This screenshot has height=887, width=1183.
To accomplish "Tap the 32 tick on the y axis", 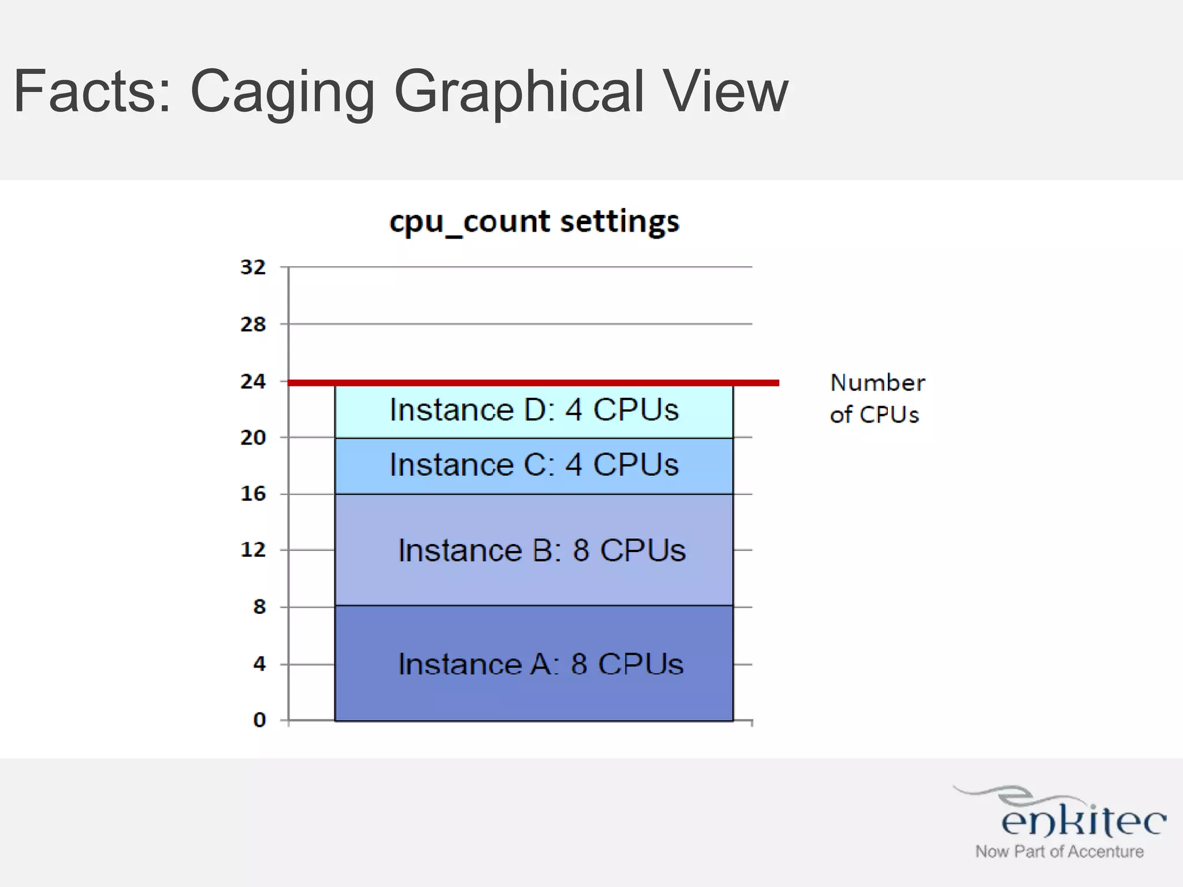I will (253, 267).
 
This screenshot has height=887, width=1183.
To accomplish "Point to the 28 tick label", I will (253, 325).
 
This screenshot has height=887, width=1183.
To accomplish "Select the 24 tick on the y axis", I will (253, 382).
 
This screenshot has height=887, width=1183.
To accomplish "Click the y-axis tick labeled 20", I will (253, 438).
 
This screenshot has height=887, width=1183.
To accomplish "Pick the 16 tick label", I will (253, 494).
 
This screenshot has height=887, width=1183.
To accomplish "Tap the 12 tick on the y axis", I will (253, 550).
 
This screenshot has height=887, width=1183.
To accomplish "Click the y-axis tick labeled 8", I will (259, 607).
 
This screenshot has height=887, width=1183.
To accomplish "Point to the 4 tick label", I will (259, 664).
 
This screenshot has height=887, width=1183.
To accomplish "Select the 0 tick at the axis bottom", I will (259, 720).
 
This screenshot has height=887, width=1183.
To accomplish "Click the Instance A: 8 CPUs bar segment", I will (534, 664).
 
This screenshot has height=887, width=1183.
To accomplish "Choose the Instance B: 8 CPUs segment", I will (534, 550).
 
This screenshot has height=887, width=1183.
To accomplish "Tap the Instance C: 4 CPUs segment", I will (534, 465).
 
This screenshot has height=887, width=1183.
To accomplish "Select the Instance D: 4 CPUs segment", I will (534, 411).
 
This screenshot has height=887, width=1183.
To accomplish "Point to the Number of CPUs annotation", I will (877, 398).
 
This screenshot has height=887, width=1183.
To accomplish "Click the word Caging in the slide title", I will (282, 92).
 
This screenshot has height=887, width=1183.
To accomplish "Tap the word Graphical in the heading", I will (518, 92).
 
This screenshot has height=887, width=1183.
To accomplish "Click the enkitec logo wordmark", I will (1083, 820).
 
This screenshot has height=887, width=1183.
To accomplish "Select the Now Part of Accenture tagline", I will (1059, 852).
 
